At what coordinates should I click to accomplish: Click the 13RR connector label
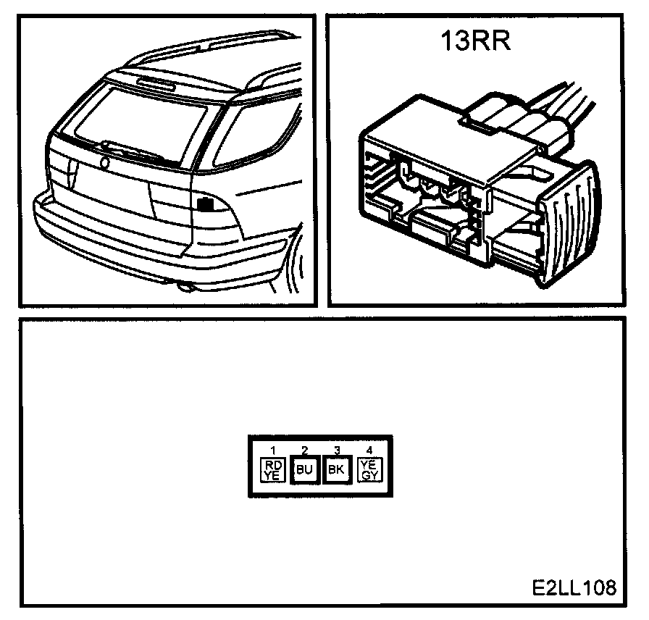click(477, 41)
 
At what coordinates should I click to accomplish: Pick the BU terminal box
click(304, 469)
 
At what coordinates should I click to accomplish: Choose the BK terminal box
click(336, 469)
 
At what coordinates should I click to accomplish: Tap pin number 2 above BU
click(304, 450)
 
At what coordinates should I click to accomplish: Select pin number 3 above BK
click(336, 450)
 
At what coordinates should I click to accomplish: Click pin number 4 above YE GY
click(369, 450)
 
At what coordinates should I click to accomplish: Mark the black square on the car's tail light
click(206, 204)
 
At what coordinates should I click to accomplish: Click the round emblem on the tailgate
click(106, 164)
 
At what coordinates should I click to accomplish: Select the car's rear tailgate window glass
click(145, 120)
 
